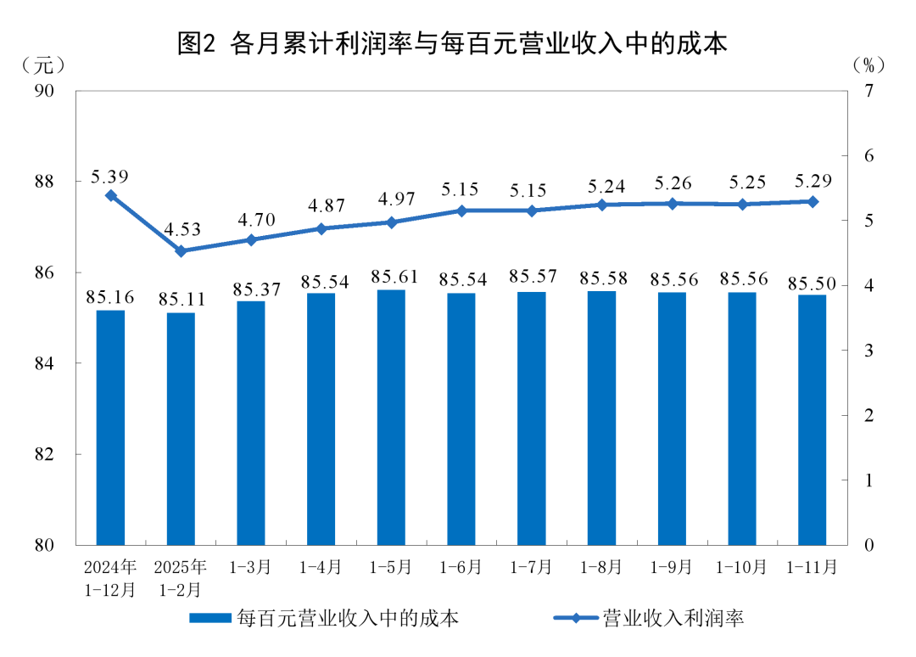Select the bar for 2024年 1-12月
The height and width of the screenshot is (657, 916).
pos(110,427)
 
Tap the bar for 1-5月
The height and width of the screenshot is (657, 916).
pos(391,417)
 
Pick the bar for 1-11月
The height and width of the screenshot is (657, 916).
pos(812,419)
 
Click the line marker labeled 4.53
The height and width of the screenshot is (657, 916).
pos(181,251)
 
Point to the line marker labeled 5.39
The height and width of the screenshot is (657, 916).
pos(110,195)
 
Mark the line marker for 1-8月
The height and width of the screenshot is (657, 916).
pos(601,205)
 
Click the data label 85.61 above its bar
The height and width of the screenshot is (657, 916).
pos(391,277)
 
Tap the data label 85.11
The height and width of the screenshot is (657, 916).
pos(181,300)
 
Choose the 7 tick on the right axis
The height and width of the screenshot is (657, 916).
pos(868,91)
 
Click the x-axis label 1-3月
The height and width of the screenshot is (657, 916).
pos(251,567)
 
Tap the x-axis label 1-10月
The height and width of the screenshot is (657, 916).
pos(742,567)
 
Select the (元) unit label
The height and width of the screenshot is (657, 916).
pos(42,65)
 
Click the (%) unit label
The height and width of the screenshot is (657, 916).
pos(869,65)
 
